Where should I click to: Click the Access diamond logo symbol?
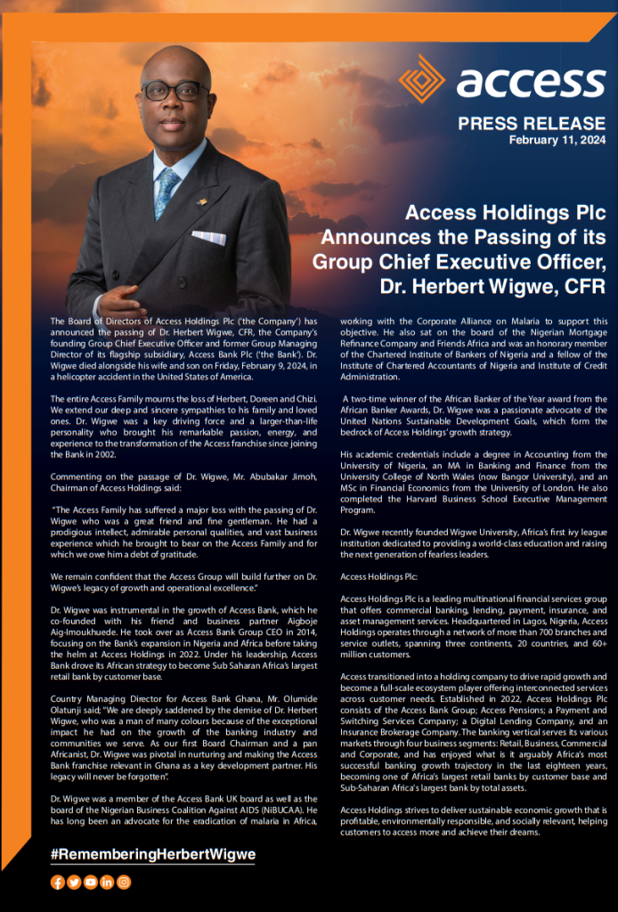tap(421, 78)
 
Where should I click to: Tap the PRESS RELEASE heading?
tap(532, 124)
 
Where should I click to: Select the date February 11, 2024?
tap(557, 140)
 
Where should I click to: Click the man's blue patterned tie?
tap(167, 192)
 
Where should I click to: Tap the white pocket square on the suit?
tap(208, 237)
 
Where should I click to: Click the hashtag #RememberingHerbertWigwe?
tap(153, 854)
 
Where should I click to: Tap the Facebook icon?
tap(58, 882)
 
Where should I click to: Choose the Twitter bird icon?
tap(74, 882)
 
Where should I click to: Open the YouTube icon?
tap(90, 882)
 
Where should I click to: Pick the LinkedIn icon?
tap(107, 882)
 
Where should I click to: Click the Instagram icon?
tap(124, 882)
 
